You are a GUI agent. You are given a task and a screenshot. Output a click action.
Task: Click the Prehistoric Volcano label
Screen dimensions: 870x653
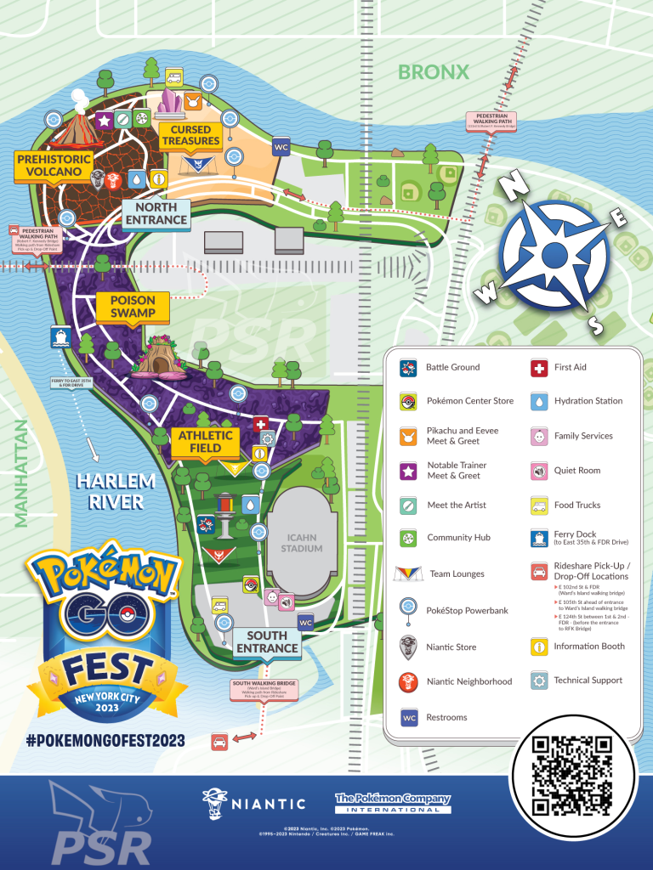pos(49,165)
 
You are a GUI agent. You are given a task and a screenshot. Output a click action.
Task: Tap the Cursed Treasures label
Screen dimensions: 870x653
pos(191,135)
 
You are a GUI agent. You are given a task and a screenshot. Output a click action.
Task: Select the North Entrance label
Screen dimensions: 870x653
pos(156,213)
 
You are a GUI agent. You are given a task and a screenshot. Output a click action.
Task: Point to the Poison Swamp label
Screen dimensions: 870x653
pos(133,307)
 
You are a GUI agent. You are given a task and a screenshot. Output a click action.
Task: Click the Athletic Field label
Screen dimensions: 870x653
pos(200,442)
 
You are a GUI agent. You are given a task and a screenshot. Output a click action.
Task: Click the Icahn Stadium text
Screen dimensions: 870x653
pos(302,543)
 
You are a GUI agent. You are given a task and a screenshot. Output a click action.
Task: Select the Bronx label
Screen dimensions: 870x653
pos(434,71)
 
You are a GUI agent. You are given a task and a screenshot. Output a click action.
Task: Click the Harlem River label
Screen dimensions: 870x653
pos(116,492)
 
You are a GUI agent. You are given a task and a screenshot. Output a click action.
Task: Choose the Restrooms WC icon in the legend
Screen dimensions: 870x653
pos(410,717)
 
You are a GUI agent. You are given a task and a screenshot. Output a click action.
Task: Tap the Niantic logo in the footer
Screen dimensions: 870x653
pos(254,802)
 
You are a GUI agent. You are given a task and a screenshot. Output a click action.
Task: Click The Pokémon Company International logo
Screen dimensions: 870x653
pos(392,803)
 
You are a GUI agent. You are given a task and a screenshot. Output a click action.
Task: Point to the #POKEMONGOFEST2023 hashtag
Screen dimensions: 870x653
pos(105,741)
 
